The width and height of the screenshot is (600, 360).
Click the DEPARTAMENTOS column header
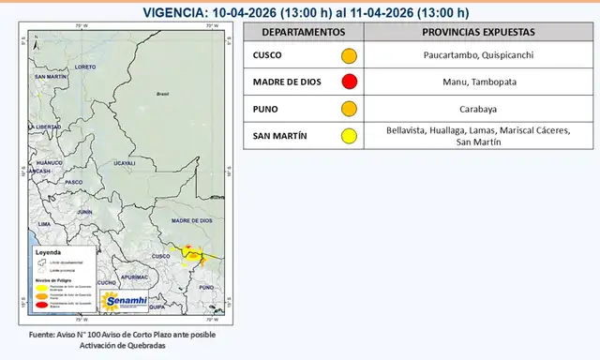tap(303, 32)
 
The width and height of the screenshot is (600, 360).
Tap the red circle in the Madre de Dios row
tap(349, 82)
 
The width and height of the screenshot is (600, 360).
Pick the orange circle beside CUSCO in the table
tap(349, 56)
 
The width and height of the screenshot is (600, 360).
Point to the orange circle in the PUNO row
tap(349, 109)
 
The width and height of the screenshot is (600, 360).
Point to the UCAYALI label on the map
tap(125, 163)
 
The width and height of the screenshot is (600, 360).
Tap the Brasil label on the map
tap(161, 94)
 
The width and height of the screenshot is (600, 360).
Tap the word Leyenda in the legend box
tap(48, 254)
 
